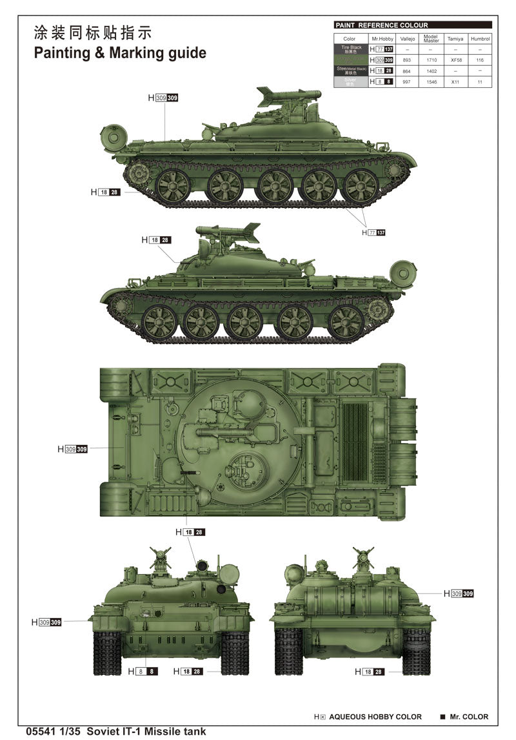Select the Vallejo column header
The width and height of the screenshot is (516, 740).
[407, 39]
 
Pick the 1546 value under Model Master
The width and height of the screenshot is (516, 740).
[431, 83]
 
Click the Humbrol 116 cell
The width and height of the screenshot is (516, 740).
[480, 60]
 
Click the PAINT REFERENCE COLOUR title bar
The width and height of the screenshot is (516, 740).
[413, 25]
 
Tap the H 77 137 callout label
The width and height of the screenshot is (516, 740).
[373, 232]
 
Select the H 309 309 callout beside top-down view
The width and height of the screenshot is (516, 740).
[72, 449]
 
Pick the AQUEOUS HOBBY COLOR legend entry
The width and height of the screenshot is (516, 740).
[368, 717]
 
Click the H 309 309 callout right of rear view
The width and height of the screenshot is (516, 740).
[459, 593]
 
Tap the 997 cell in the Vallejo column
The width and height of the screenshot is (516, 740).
[407, 83]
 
